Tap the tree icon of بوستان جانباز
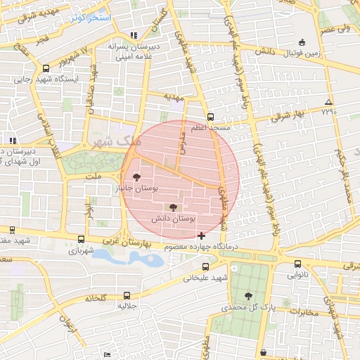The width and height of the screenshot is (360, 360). (136, 177)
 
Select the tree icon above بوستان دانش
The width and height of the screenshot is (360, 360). (173, 207)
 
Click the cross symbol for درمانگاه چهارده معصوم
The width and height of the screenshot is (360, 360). (202, 235)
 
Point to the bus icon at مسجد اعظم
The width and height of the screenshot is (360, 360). (210, 117)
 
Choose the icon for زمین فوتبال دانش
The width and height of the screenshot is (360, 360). (302, 42)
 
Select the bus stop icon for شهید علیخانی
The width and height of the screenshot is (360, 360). (205, 266)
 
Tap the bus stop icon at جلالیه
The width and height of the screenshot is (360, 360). (127, 295)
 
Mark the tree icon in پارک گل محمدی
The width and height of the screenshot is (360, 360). (247, 295)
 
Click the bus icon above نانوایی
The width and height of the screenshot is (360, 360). (297, 264)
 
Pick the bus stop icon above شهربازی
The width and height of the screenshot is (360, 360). (81, 239)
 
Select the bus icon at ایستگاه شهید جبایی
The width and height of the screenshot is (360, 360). (46, 69)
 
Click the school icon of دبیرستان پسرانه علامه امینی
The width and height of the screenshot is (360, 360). (134, 35)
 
